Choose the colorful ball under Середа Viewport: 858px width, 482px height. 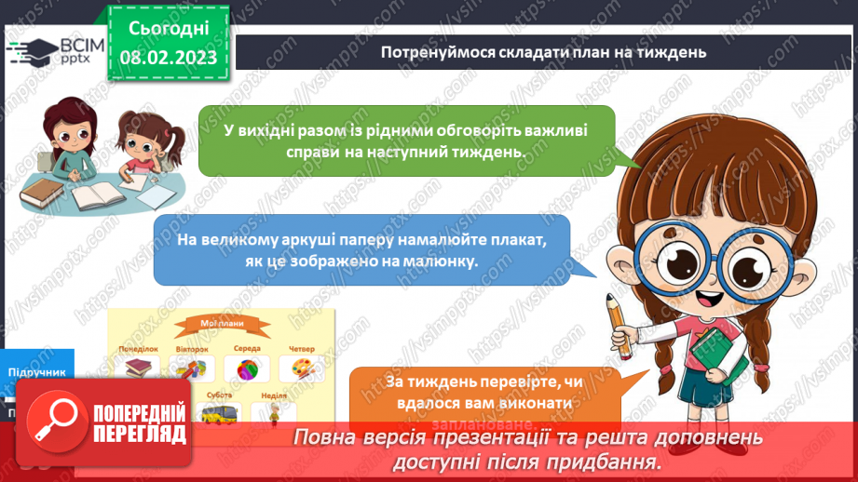pos(247,368)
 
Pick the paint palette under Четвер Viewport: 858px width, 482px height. pos(303,368)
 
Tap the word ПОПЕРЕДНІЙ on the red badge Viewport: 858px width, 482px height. pos(139,413)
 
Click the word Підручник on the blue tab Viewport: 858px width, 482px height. pos(37,371)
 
